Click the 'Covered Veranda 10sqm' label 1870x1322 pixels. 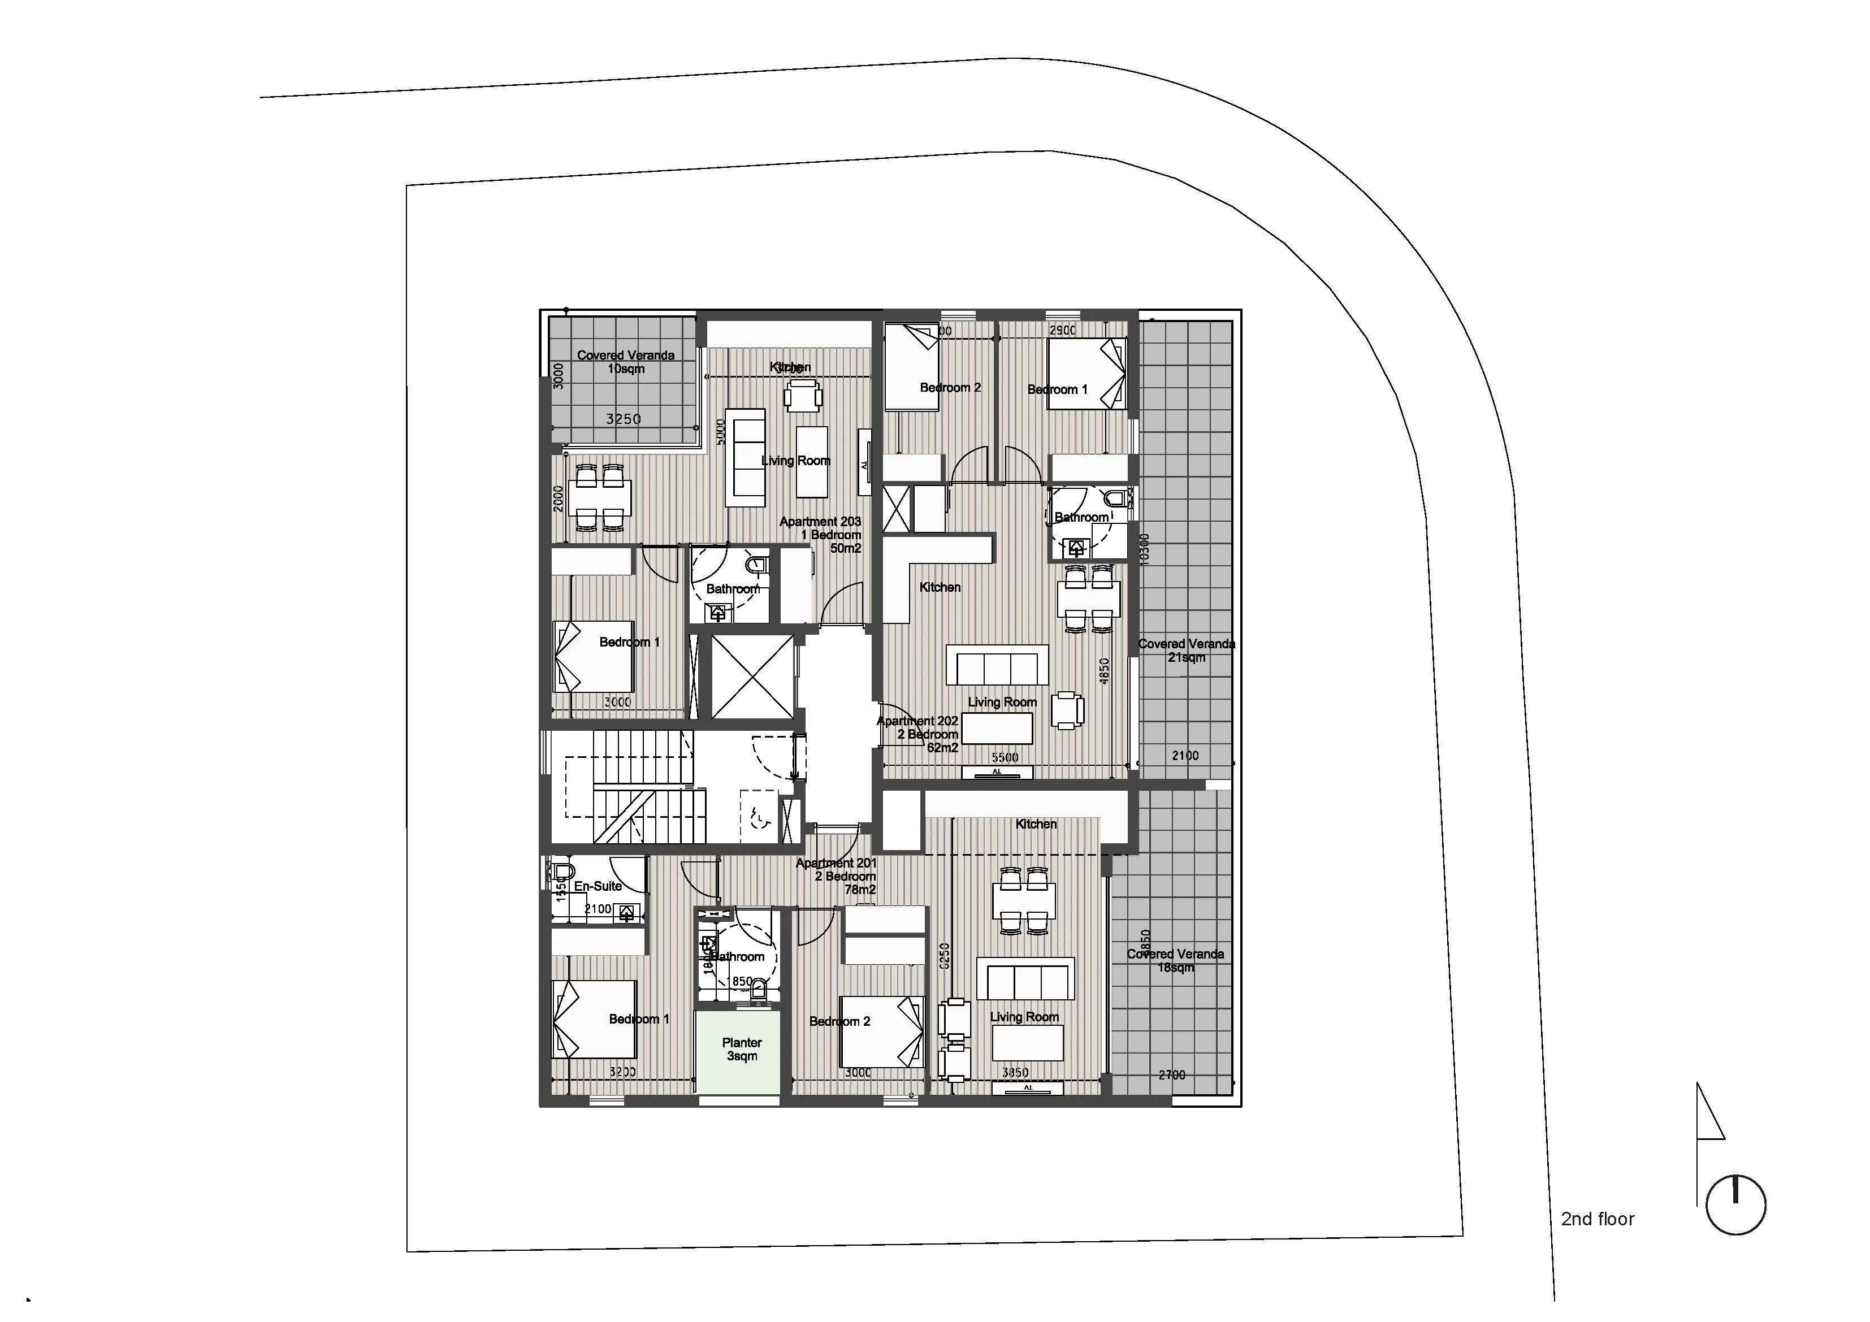click(626, 362)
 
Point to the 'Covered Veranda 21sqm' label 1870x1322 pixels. click(1186, 650)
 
